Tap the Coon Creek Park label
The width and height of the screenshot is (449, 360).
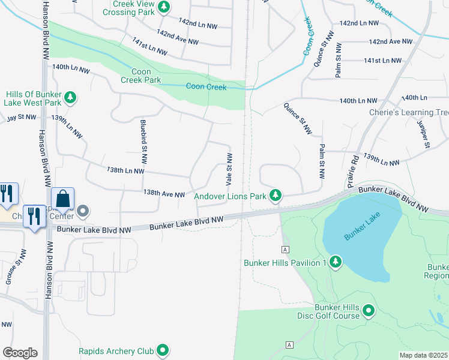[x=142, y=76]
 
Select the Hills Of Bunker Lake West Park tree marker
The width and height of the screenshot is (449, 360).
[x=70, y=97]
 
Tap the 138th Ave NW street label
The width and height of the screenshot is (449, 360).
[x=164, y=194]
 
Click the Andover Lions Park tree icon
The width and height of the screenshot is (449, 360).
[x=276, y=195]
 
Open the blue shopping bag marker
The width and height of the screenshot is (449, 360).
[x=63, y=198]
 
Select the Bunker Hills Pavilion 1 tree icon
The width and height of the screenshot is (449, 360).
[x=336, y=262]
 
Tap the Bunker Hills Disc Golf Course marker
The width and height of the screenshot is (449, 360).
[x=369, y=311]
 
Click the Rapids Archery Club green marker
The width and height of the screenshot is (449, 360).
[x=163, y=350]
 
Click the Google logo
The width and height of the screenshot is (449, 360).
[x=20, y=353]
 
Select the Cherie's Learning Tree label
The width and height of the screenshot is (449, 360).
[x=410, y=112]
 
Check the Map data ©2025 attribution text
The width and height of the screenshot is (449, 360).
[x=423, y=355]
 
